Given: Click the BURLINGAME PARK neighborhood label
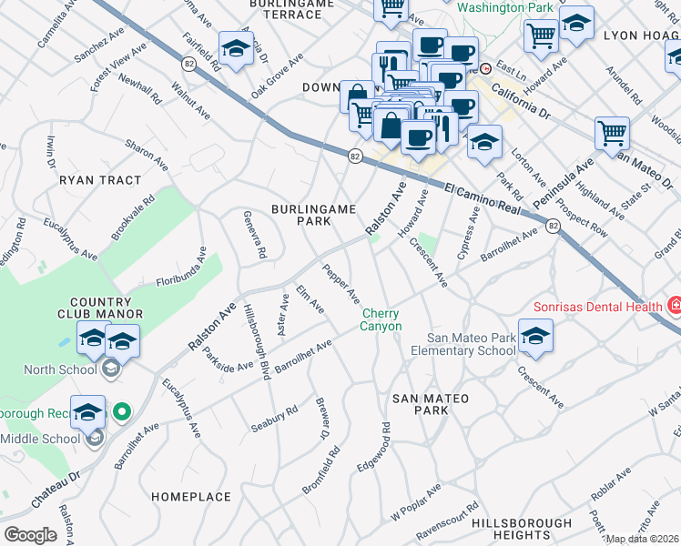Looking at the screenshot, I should tap(313, 215).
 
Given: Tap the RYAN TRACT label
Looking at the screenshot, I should tap(100, 180).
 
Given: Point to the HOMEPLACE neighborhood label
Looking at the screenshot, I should tap(190, 497).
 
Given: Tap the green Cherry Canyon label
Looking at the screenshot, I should tap(381, 319).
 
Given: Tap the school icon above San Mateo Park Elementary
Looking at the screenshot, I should tap(536, 336).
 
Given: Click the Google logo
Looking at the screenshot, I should tap(30, 535).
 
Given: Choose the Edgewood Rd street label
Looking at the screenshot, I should tap(374, 446).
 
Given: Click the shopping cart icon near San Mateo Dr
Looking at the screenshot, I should tap(612, 134).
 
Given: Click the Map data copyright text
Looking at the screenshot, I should tap(642, 539).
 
